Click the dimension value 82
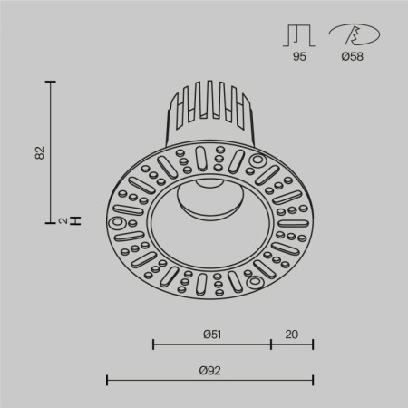pos(39,151)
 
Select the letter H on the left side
pos(76,220)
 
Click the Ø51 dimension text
pos(212,333)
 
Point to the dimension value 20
pos(292,333)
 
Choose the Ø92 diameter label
pos(210,369)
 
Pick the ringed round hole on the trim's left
pos(115,222)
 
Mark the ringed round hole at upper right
pos(255,160)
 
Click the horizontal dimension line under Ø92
pos(210,380)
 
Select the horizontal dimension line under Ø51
pos(212,345)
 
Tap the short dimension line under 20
pos(292,345)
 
